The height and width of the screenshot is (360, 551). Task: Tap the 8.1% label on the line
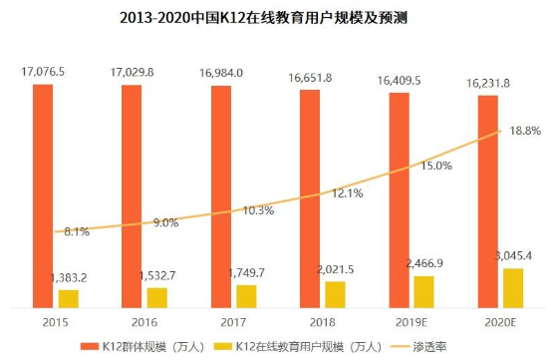(76, 231)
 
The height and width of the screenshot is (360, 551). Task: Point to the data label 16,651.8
(311, 76)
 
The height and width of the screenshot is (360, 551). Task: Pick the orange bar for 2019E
(399, 198)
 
